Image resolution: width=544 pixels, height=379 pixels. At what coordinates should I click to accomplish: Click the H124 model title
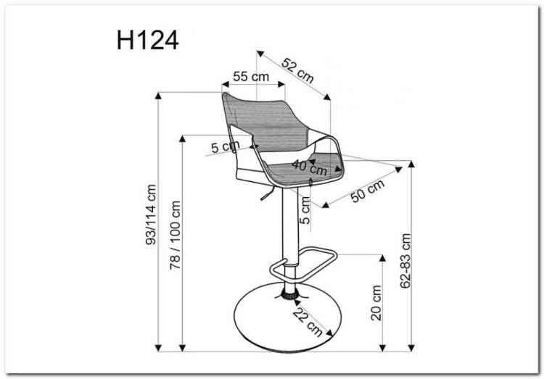[x=147, y=41]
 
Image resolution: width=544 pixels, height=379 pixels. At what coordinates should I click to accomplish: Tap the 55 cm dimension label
[x=251, y=76]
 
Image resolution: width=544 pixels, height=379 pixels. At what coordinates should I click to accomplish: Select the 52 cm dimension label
[x=297, y=70]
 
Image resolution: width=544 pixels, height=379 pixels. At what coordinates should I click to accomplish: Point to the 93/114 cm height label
[x=152, y=215]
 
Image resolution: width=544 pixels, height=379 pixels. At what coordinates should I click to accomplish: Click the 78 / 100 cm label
[x=175, y=235]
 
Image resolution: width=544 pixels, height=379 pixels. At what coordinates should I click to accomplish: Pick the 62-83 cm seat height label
[x=405, y=261]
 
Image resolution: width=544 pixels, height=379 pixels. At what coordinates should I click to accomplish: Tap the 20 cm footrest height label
[x=376, y=303]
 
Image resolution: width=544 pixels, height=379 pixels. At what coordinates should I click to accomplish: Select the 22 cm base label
[x=308, y=322]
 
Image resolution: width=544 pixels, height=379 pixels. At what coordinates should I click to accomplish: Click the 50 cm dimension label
[x=368, y=191]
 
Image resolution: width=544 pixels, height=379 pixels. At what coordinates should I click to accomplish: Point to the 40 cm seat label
[x=310, y=167]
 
